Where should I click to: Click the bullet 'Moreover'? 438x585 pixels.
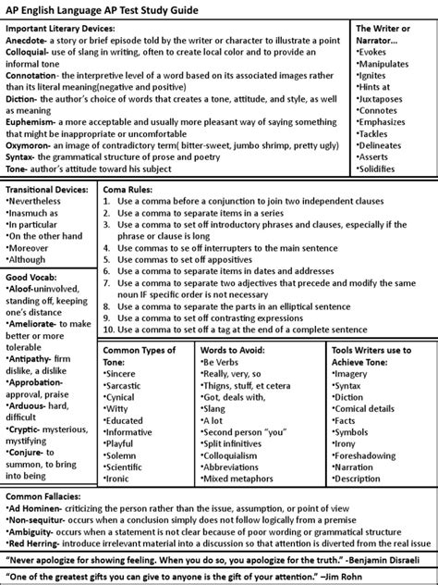pos(34,247)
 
